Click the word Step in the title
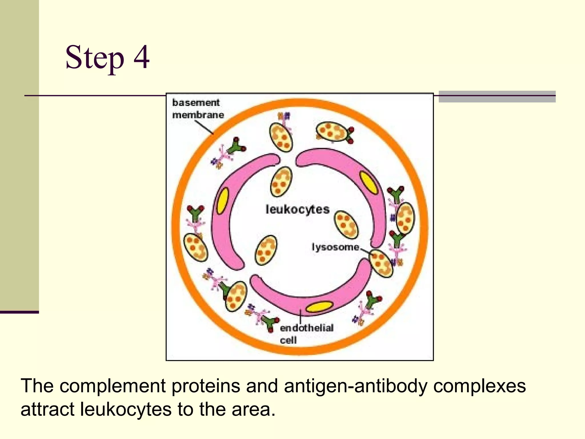(x=95, y=58)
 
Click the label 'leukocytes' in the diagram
(x=297, y=209)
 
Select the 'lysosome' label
(x=335, y=247)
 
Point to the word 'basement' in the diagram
(x=196, y=103)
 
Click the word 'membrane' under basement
(x=198, y=115)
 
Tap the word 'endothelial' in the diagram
(x=306, y=328)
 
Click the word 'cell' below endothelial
(x=288, y=340)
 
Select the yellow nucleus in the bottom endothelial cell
(x=319, y=307)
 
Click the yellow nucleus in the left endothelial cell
(x=223, y=201)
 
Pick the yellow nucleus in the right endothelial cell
(x=369, y=183)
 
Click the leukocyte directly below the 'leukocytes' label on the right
(x=346, y=224)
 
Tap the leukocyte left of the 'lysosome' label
(x=266, y=250)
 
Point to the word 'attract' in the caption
(x=47, y=409)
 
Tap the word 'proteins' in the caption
(x=206, y=386)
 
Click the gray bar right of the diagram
(x=497, y=97)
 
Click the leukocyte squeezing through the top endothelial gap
(x=281, y=182)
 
